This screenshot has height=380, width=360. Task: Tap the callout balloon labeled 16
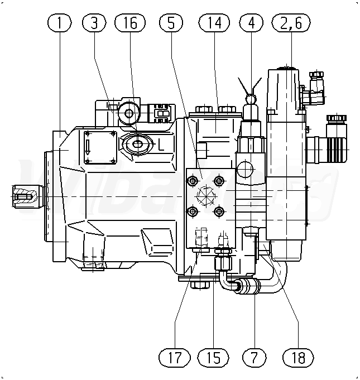tap(130, 23)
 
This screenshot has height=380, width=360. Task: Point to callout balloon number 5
tap(170, 23)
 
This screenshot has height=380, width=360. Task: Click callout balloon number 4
tap(251, 23)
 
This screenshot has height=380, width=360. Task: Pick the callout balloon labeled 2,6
tap(289, 23)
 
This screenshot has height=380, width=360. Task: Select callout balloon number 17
tap(174, 357)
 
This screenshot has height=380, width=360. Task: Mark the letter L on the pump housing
tap(161, 145)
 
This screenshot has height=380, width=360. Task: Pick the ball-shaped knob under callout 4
tap(251, 99)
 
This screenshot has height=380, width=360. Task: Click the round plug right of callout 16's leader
tap(130, 113)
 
